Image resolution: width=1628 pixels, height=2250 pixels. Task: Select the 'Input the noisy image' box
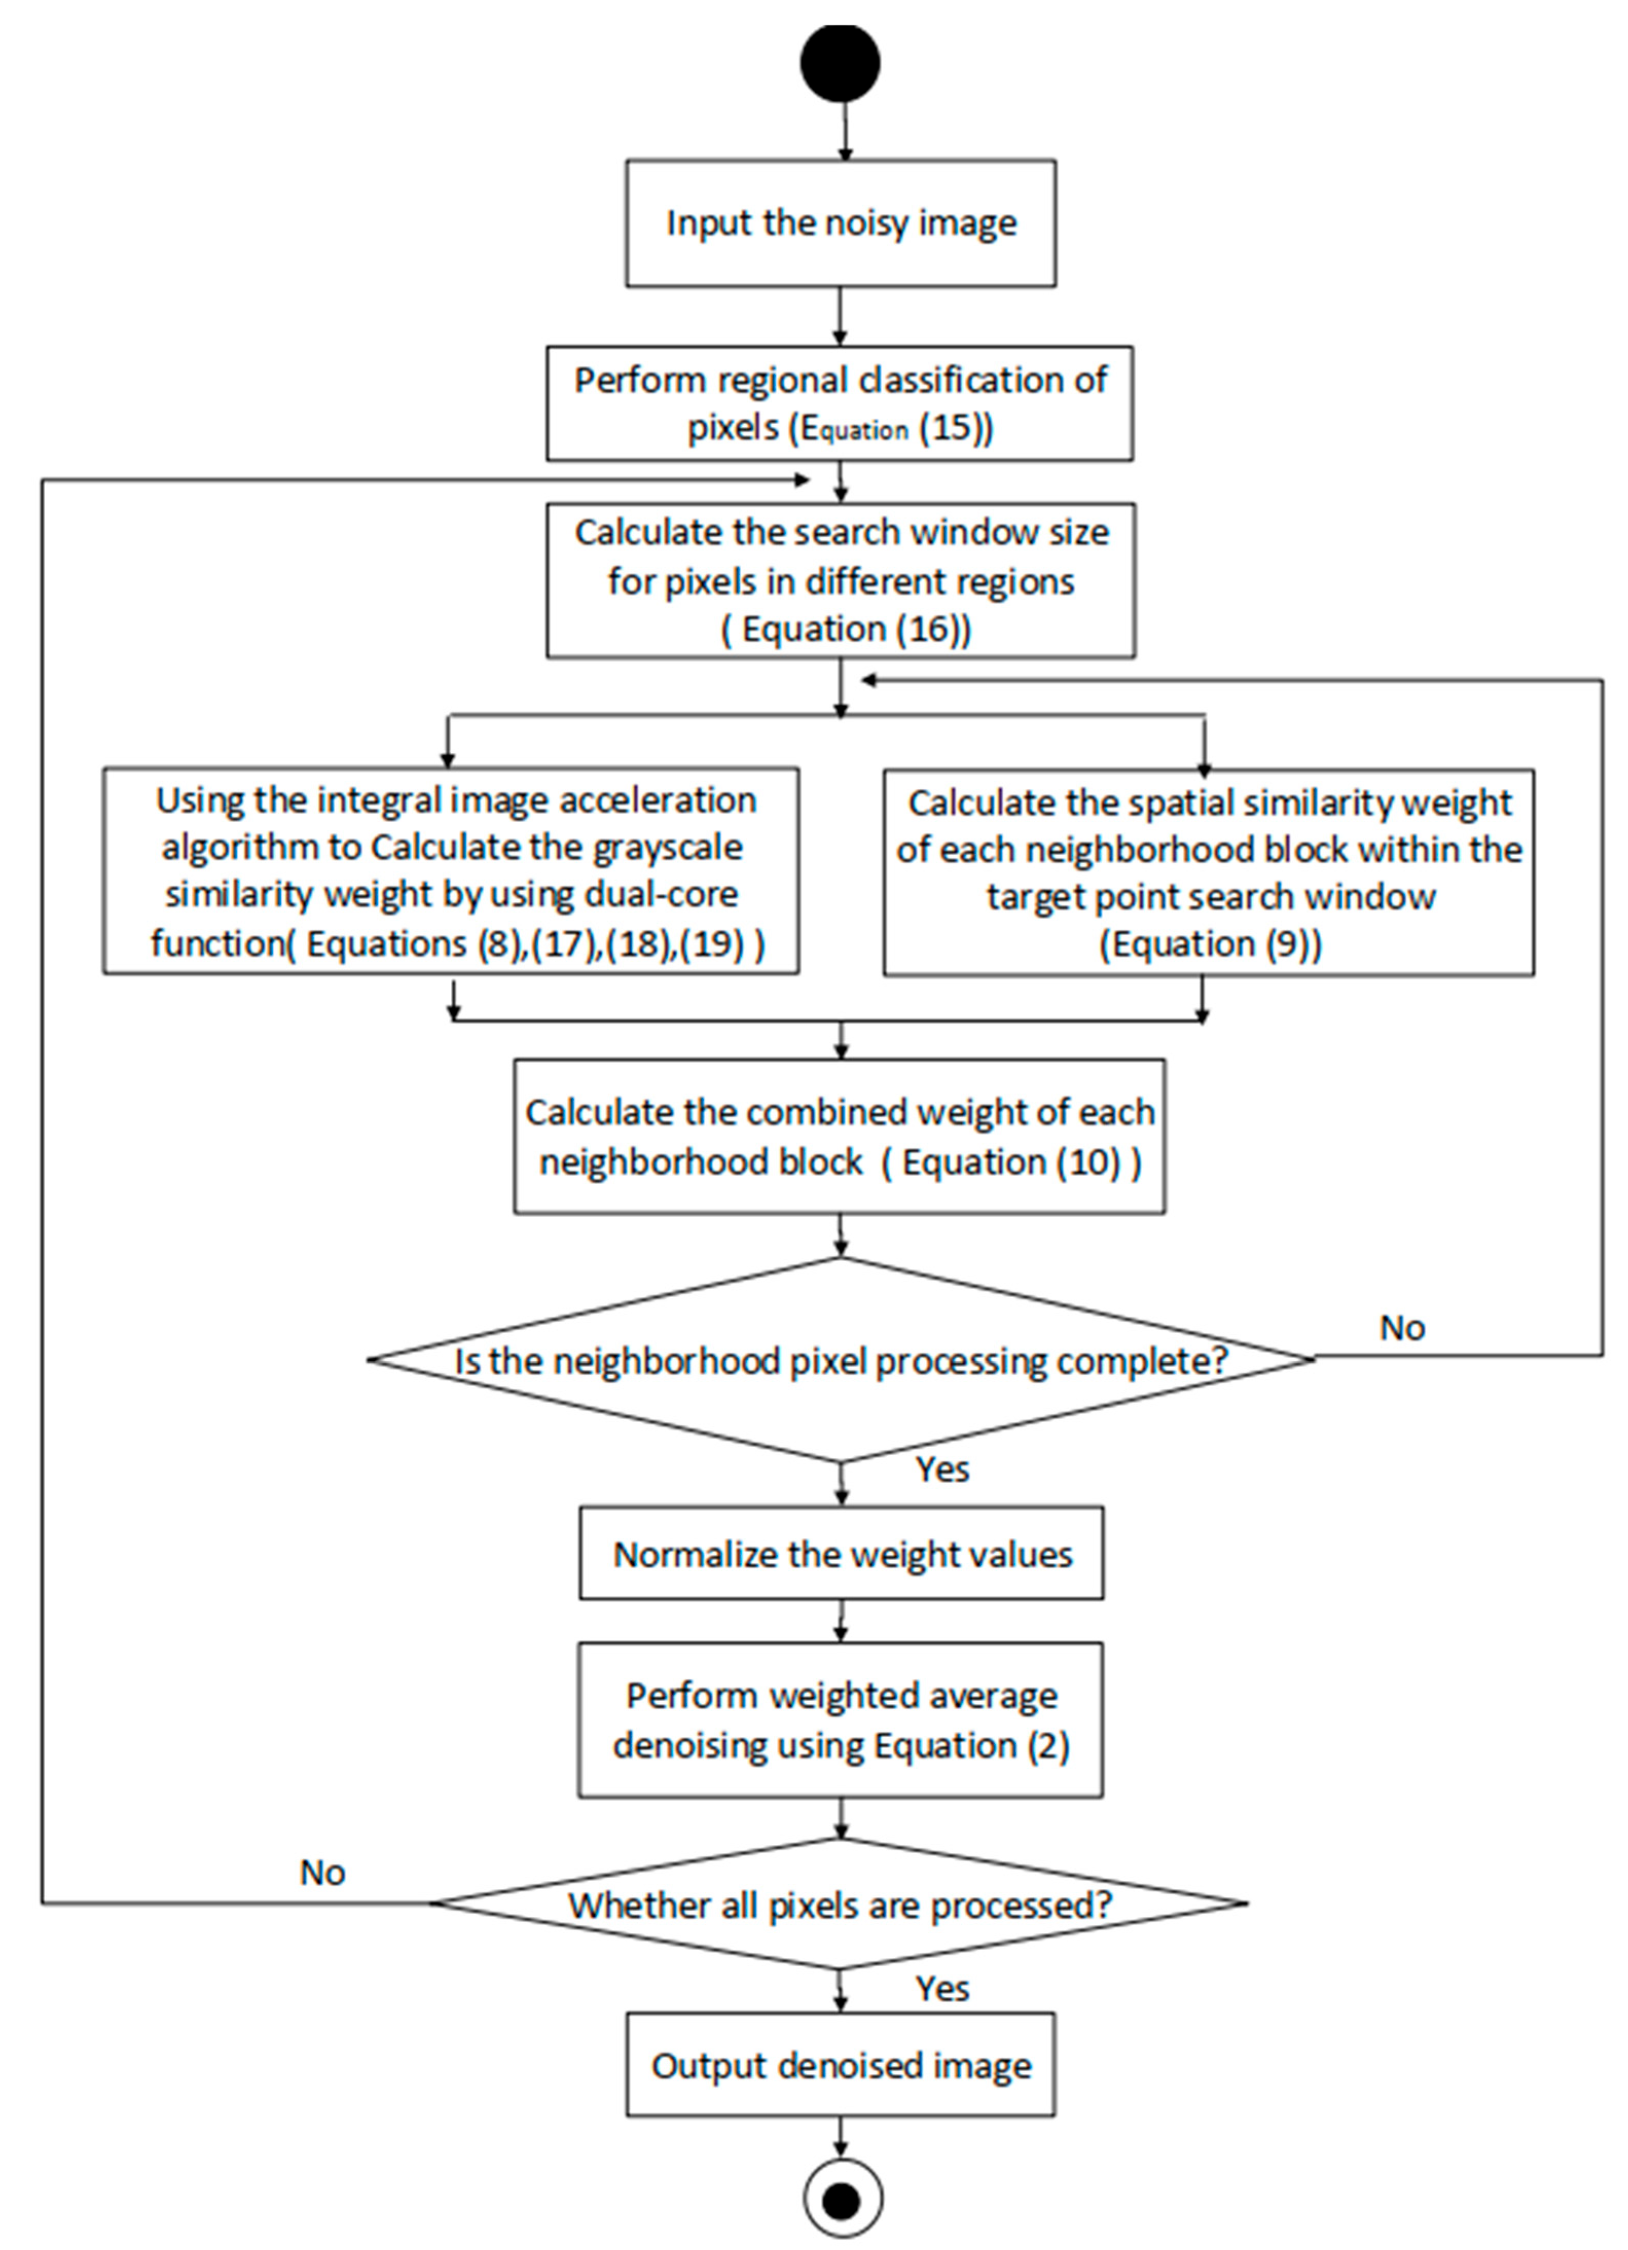(840, 223)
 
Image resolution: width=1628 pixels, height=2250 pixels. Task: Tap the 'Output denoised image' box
(840, 2064)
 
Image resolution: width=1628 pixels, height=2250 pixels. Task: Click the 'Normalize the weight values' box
(842, 1554)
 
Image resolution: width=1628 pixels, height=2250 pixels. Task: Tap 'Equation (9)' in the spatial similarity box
(1211, 943)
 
